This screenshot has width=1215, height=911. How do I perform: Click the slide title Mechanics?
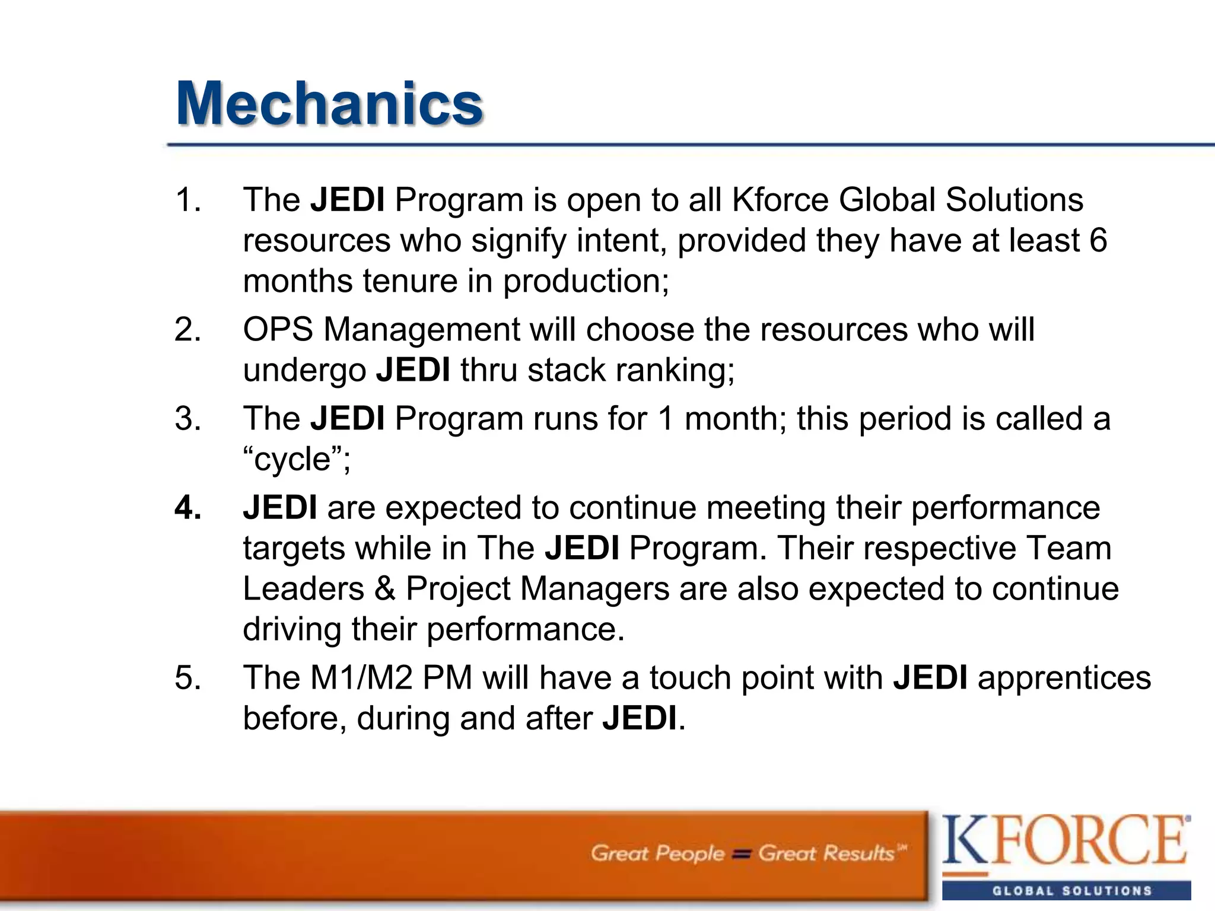click(x=329, y=104)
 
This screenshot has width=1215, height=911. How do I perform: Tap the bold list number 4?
click(x=187, y=508)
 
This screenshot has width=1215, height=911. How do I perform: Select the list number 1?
click(x=187, y=200)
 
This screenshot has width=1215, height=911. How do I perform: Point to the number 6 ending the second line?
click(x=1098, y=240)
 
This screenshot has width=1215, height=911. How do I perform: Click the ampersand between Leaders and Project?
click(x=385, y=589)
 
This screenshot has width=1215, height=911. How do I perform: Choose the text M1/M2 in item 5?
click(x=361, y=678)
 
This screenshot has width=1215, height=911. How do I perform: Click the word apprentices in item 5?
click(x=1064, y=678)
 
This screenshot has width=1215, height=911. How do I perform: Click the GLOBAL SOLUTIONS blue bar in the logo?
click(x=1066, y=890)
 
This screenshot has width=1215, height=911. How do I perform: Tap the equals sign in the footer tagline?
click(x=741, y=854)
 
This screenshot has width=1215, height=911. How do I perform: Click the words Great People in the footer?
click(x=657, y=853)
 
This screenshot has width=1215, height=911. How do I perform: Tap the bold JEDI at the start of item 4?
click(x=279, y=508)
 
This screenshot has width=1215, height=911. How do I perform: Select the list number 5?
click(x=187, y=678)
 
